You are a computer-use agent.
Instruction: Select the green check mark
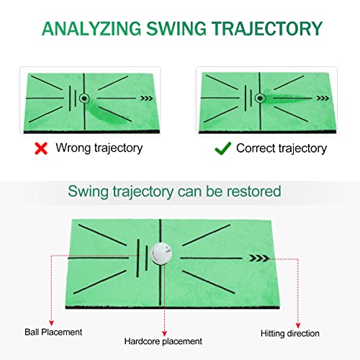[x=223, y=148]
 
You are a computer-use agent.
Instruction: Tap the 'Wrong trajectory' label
[x=99, y=148]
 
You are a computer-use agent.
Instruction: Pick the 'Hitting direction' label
[x=292, y=334]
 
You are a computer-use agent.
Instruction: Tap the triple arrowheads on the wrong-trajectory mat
[x=148, y=99]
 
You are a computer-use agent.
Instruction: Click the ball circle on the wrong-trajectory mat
[x=83, y=98]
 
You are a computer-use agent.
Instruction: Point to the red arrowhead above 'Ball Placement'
[x=48, y=320]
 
